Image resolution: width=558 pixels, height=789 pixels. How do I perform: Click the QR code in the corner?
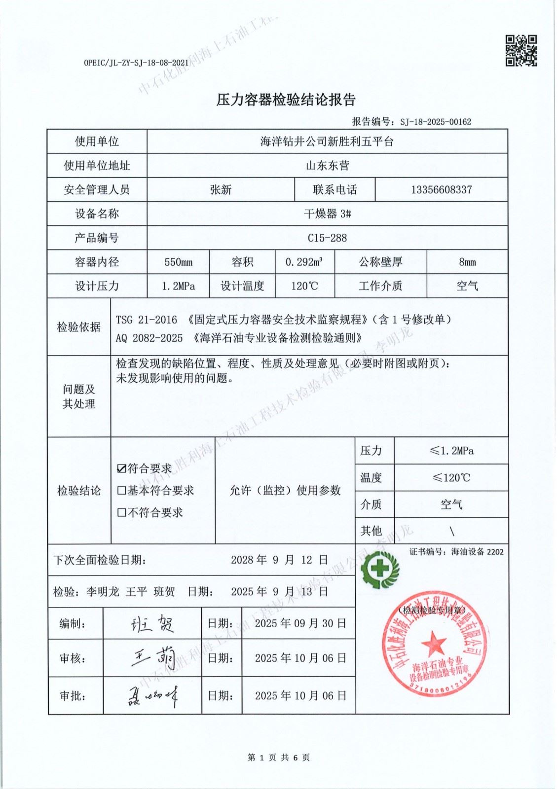coord(521,50)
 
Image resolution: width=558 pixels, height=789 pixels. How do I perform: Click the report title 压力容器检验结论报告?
coord(286,100)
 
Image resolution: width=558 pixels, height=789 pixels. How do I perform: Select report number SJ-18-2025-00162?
coord(436,122)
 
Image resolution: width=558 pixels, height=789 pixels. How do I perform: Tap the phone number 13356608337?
coord(441,190)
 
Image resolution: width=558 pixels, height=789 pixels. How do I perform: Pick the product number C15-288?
coord(327,238)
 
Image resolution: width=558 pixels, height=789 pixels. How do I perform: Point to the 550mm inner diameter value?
coord(179,262)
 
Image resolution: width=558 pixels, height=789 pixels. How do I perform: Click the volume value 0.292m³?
coord(304,262)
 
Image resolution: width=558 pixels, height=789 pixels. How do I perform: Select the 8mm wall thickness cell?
coord(467,262)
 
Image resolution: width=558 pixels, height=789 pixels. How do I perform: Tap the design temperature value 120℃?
coord(304,287)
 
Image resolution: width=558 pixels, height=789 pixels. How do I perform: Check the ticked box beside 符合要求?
coord(122,468)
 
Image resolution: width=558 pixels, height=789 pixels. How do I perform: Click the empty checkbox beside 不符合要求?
coord(122,513)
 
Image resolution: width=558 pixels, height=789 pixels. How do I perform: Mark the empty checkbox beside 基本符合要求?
coord(122,491)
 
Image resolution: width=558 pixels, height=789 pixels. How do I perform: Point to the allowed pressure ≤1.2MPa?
coord(451,451)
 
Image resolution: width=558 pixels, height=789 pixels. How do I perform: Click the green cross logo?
coord(380,570)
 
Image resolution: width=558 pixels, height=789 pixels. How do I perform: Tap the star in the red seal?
coord(434,643)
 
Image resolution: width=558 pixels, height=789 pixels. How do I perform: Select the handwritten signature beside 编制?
coord(152,624)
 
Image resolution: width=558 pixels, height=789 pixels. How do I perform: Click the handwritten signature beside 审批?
coord(152,696)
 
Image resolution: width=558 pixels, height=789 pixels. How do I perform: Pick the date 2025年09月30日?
coord(300,624)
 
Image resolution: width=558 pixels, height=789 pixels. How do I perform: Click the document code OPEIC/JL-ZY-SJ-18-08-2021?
coord(136,63)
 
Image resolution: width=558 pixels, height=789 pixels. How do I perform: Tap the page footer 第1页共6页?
coord(279,757)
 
